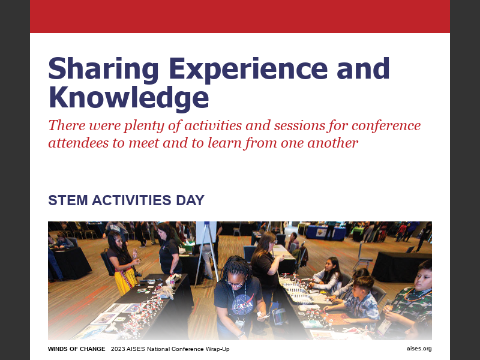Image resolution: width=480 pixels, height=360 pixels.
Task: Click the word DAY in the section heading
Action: click(x=190, y=200)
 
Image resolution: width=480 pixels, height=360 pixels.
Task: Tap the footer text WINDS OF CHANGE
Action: click(x=76, y=349)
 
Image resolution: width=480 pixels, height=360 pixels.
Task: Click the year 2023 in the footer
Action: click(x=117, y=349)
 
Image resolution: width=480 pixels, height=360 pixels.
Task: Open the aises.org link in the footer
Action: click(x=419, y=349)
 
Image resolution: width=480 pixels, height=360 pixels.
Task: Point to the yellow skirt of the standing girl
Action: click(x=126, y=281)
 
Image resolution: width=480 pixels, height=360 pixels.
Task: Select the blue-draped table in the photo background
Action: click(x=324, y=232)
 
